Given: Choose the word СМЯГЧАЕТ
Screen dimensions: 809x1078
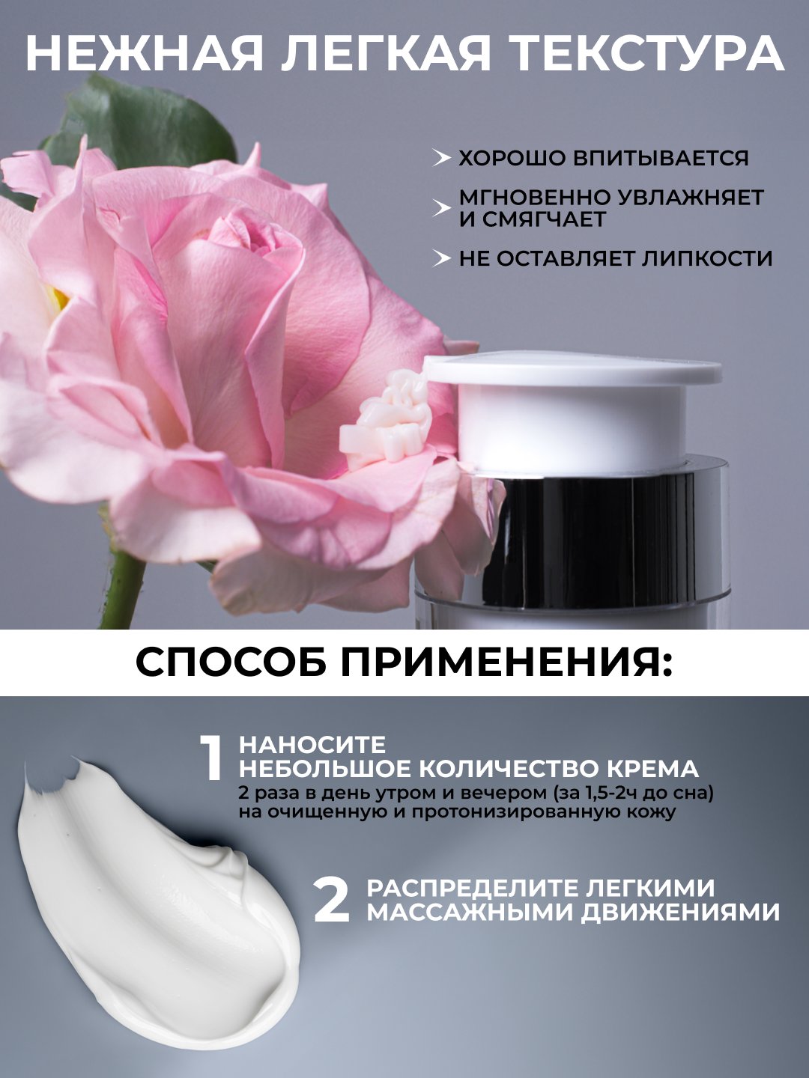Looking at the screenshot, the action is click(x=545, y=219).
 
